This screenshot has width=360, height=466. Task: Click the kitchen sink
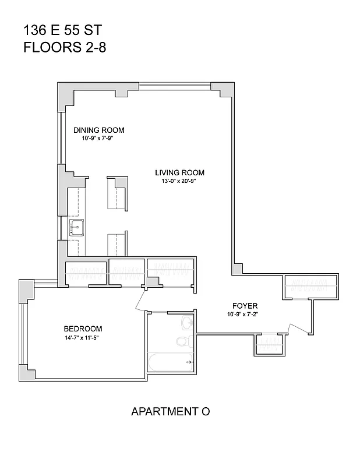[77, 227]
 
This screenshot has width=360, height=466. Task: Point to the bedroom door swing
[140, 301]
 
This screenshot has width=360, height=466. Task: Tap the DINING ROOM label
[99, 130]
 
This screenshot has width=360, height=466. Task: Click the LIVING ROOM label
[179, 172]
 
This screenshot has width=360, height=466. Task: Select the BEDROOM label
[83, 329]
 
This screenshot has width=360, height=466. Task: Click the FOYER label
[245, 306]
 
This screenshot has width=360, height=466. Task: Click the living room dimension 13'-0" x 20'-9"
[179, 181]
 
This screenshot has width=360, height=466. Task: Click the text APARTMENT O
[170, 412]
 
